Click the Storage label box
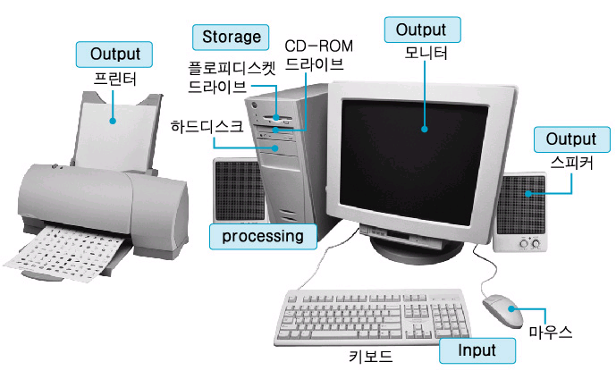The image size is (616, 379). coord(231,38)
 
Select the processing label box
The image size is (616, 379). coord(263,237)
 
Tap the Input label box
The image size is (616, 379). coord(477,350)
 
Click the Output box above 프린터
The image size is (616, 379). coord(114,55)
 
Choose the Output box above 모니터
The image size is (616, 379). coord(422,29)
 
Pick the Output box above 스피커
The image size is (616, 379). coord(571,139)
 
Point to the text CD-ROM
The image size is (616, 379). coord(318,46)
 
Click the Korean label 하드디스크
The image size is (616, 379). coord(207,126)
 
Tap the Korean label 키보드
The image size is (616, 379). coord(370,357)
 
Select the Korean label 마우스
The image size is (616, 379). coord(551,333)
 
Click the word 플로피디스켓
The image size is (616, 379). coord(232,68)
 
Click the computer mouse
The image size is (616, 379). coord(502,310)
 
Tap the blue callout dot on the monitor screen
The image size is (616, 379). coord(425,129)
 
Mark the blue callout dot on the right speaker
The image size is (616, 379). coord(528,194)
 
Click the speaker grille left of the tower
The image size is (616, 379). coord(239,191)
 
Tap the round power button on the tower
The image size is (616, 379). coord(254,105)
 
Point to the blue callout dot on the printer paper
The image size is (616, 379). coord(113,121)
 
